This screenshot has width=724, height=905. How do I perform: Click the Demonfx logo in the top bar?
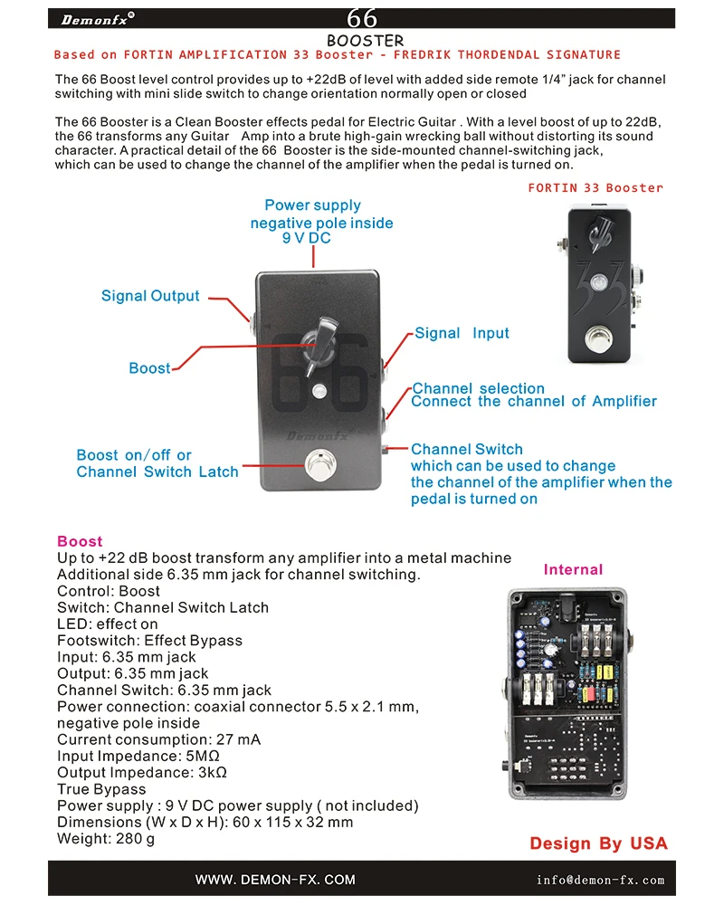click(99, 18)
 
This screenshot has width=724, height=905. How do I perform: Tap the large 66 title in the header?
click(362, 18)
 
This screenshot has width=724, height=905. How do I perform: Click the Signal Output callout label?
click(150, 296)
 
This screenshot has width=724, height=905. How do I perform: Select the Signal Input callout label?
click(462, 333)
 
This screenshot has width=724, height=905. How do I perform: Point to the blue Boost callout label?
click(149, 368)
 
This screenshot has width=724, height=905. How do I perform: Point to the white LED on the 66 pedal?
click(318, 391)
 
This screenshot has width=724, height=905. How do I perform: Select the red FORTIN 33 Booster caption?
click(595, 188)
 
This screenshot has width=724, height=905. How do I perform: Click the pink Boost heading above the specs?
click(80, 541)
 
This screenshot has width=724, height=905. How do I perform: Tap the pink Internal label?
click(573, 569)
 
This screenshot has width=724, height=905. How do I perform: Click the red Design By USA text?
click(598, 843)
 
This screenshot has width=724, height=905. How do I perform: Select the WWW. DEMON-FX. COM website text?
click(275, 880)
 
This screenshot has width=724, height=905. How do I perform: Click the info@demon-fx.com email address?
click(600, 880)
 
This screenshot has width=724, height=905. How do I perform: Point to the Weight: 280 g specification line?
click(106, 839)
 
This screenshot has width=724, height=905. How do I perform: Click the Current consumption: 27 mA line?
click(158, 739)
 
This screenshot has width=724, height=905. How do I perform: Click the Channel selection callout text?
click(479, 388)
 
